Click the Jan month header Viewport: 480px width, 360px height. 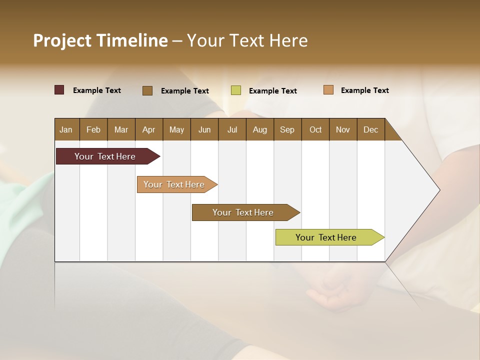[66, 129]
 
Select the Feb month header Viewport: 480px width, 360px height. [93, 129]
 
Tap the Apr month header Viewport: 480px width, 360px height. [148, 129]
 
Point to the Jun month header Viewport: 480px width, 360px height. [204, 129]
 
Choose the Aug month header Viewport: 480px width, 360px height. [259, 129]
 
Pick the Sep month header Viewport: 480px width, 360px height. [287, 129]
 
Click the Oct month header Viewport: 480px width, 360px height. [315, 129]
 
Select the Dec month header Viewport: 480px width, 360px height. [370, 129]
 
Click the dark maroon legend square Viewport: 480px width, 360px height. [59, 90]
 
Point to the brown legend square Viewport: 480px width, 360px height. [147, 90]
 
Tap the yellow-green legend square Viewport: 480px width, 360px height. [236, 90]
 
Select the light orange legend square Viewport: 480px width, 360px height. [328, 90]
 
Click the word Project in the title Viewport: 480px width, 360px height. [61, 40]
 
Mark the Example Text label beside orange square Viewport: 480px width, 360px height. [364, 90]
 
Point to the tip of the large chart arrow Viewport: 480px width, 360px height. [439, 190]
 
